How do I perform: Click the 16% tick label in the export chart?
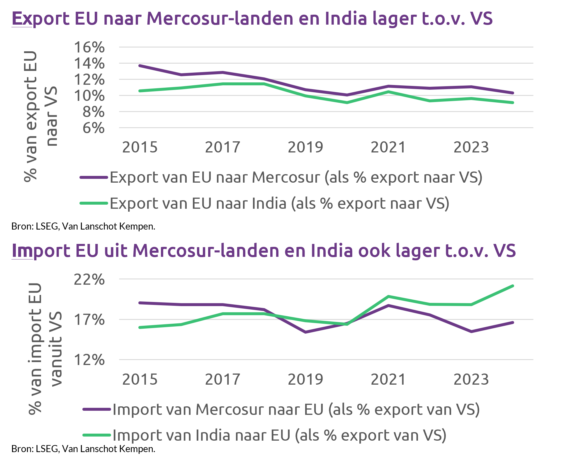(89, 47)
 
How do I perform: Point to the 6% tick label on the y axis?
(93, 128)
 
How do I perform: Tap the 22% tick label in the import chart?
(89, 279)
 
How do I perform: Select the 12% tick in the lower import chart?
(89, 360)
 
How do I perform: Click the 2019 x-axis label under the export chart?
(305, 147)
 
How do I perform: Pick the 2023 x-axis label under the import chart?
(471, 379)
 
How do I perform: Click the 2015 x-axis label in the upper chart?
(140, 147)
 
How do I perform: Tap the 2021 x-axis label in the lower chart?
(388, 379)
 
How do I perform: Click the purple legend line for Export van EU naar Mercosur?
(94, 177)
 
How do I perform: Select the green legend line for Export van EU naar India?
(94, 203)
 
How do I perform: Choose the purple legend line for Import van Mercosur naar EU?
(97, 409)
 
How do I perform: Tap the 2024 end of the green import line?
(513, 286)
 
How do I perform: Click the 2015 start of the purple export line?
(140, 66)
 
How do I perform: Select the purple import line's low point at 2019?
(306, 332)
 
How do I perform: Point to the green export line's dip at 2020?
(347, 103)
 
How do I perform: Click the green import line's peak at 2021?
(388, 296)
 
